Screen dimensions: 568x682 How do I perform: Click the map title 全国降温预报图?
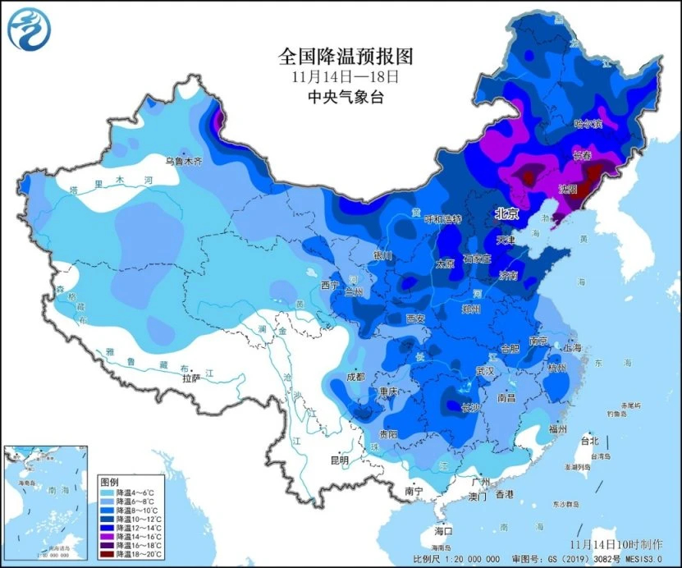click(345, 57)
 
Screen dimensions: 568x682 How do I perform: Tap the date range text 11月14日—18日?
click(345, 77)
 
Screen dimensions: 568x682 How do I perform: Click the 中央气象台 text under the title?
click(345, 97)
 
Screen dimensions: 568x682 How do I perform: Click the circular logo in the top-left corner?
click(29, 28)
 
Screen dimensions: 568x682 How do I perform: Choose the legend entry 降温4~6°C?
click(131, 492)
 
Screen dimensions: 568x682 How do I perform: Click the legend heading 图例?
click(109, 480)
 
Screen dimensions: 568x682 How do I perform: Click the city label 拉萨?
click(190, 378)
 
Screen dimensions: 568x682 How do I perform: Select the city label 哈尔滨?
click(588, 124)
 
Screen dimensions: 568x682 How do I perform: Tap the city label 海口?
click(444, 531)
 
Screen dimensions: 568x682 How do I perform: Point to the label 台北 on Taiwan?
click(589, 440)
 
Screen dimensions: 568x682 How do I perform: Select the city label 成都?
click(355, 378)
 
